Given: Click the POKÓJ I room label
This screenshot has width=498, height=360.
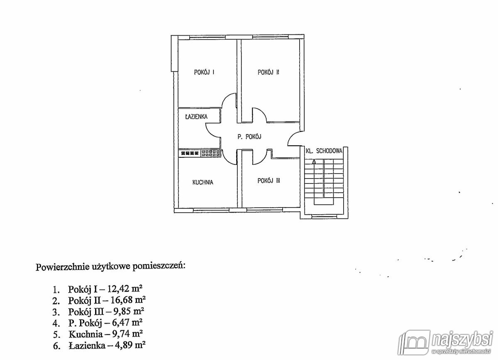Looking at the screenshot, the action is [x=204, y=72].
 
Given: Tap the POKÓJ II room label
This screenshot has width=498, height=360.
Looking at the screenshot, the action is [x=268, y=72].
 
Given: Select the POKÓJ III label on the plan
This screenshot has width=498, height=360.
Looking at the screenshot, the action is [x=269, y=181].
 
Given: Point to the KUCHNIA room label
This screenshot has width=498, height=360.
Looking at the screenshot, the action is [x=203, y=182].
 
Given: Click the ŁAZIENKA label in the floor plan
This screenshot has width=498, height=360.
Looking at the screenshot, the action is [x=196, y=116].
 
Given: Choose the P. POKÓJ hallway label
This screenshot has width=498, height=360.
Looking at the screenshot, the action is [x=249, y=137].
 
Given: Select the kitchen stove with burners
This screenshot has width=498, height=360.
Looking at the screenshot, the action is [x=210, y=153].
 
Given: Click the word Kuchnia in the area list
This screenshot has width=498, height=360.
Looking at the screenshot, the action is [x=85, y=334].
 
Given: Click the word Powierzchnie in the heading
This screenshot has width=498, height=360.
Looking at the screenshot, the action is [x=62, y=267].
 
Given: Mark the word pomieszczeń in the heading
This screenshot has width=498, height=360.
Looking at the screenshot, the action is [x=159, y=267].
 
